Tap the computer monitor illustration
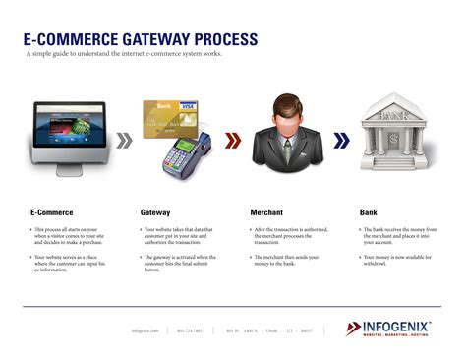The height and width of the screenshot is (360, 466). pyautogui.click(x=69, y=132)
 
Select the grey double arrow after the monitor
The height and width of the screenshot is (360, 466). pyautogui.click(x=124, y=141)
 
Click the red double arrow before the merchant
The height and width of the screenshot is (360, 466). pyautogui.click(x=232, y=141)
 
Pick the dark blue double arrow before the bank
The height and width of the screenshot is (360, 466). pyautogui.click(x=340, y=141)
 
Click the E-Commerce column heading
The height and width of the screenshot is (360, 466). pyautogui.click(x=51, y=211)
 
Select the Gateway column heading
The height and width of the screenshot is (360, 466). pyautogui.click(x=156, y=211)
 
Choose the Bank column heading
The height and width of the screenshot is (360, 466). pyautogui.click(x=369, y=211)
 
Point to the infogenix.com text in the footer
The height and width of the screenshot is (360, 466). pyautogui.click(x=145, y=330)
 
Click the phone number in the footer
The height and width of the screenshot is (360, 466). pyautogui.click(x=191, y=330)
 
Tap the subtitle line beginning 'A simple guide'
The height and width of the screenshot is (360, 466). pyautogui.click(x=124, y=54)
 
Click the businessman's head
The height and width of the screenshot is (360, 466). pyautogui.click(x=286, y=111)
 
